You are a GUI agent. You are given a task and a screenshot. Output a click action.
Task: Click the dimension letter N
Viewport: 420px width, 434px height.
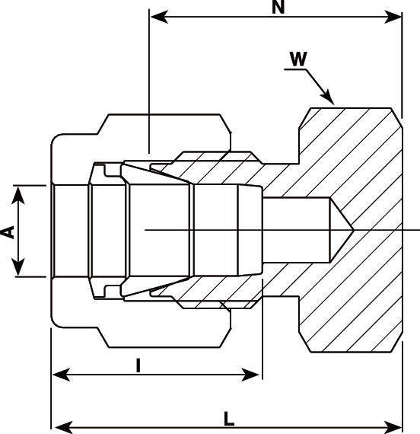tap(278, 7)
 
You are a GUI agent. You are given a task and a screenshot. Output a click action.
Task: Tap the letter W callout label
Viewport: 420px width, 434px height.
tap(298, 59)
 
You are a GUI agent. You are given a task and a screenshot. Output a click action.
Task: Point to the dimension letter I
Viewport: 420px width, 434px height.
tap(138, 365)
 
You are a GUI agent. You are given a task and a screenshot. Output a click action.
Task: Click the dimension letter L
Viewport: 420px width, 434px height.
tap(229, 419)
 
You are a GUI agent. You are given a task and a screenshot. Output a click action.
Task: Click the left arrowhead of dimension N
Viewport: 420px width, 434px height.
tap(159, 17)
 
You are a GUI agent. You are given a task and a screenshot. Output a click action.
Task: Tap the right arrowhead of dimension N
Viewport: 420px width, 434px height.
tap(393, 17)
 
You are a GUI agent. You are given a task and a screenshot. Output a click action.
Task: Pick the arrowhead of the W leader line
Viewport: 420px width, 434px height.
tap(328, 97)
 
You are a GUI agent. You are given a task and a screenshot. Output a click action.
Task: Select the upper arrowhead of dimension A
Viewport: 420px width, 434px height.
tap(18, 195)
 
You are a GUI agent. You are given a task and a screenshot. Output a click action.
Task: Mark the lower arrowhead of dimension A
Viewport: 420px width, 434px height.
tap(18, 267)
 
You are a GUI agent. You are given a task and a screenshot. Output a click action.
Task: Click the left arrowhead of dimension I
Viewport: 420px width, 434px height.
tap(61, 375)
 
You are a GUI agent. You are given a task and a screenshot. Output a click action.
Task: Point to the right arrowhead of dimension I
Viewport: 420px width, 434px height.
tap(250, 375)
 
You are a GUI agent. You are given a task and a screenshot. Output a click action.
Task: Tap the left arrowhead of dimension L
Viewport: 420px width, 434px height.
tap(64, 427)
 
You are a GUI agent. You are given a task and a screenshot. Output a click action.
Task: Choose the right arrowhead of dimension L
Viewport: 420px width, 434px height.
tap(393, 427)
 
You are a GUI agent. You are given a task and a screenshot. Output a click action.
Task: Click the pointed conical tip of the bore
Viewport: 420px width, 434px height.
tap(353, 230)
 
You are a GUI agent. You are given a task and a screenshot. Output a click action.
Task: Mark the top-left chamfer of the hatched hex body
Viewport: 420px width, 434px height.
tap(304, 118)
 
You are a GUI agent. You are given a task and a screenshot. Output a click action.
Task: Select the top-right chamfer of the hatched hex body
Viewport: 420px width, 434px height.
tap(396, 118)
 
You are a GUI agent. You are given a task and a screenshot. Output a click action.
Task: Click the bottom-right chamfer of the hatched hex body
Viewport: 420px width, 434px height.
tap(396, 342)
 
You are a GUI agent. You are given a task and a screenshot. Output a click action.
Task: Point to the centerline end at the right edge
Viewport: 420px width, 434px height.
tap(419, 230)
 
